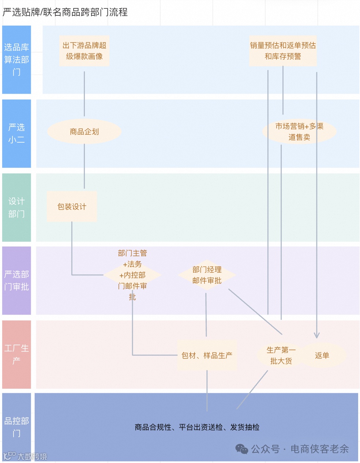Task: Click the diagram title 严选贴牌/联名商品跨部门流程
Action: [x=65, y=12]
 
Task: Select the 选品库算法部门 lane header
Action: [x=16, y=60]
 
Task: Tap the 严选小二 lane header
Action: [x=16, y=133]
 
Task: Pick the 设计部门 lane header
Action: [x=16, y=207]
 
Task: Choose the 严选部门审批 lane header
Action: [x=16, y=281]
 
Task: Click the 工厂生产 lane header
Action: [x=16, y=354]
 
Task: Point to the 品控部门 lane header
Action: [x=16, y=427]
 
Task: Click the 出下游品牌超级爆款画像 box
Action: [x=84, y=51]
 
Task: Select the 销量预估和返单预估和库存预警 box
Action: [x=283, y=51]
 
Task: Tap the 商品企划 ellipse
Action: [x=84, y=132]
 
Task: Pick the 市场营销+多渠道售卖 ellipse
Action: [x=299, y=132]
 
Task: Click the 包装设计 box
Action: [x=72, y=207]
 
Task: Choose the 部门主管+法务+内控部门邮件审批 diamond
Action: [x=132, y=275]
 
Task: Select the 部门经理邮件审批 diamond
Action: [x=207, y=275]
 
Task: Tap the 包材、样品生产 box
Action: [x=207, y=355]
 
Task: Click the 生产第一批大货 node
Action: [x=281, y=355]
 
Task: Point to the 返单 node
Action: [x=322, y=355]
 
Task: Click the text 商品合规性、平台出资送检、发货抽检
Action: [x=197, y=427]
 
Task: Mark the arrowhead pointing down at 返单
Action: [x=317, y=335]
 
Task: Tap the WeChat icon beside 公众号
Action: [x=241, y=449]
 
